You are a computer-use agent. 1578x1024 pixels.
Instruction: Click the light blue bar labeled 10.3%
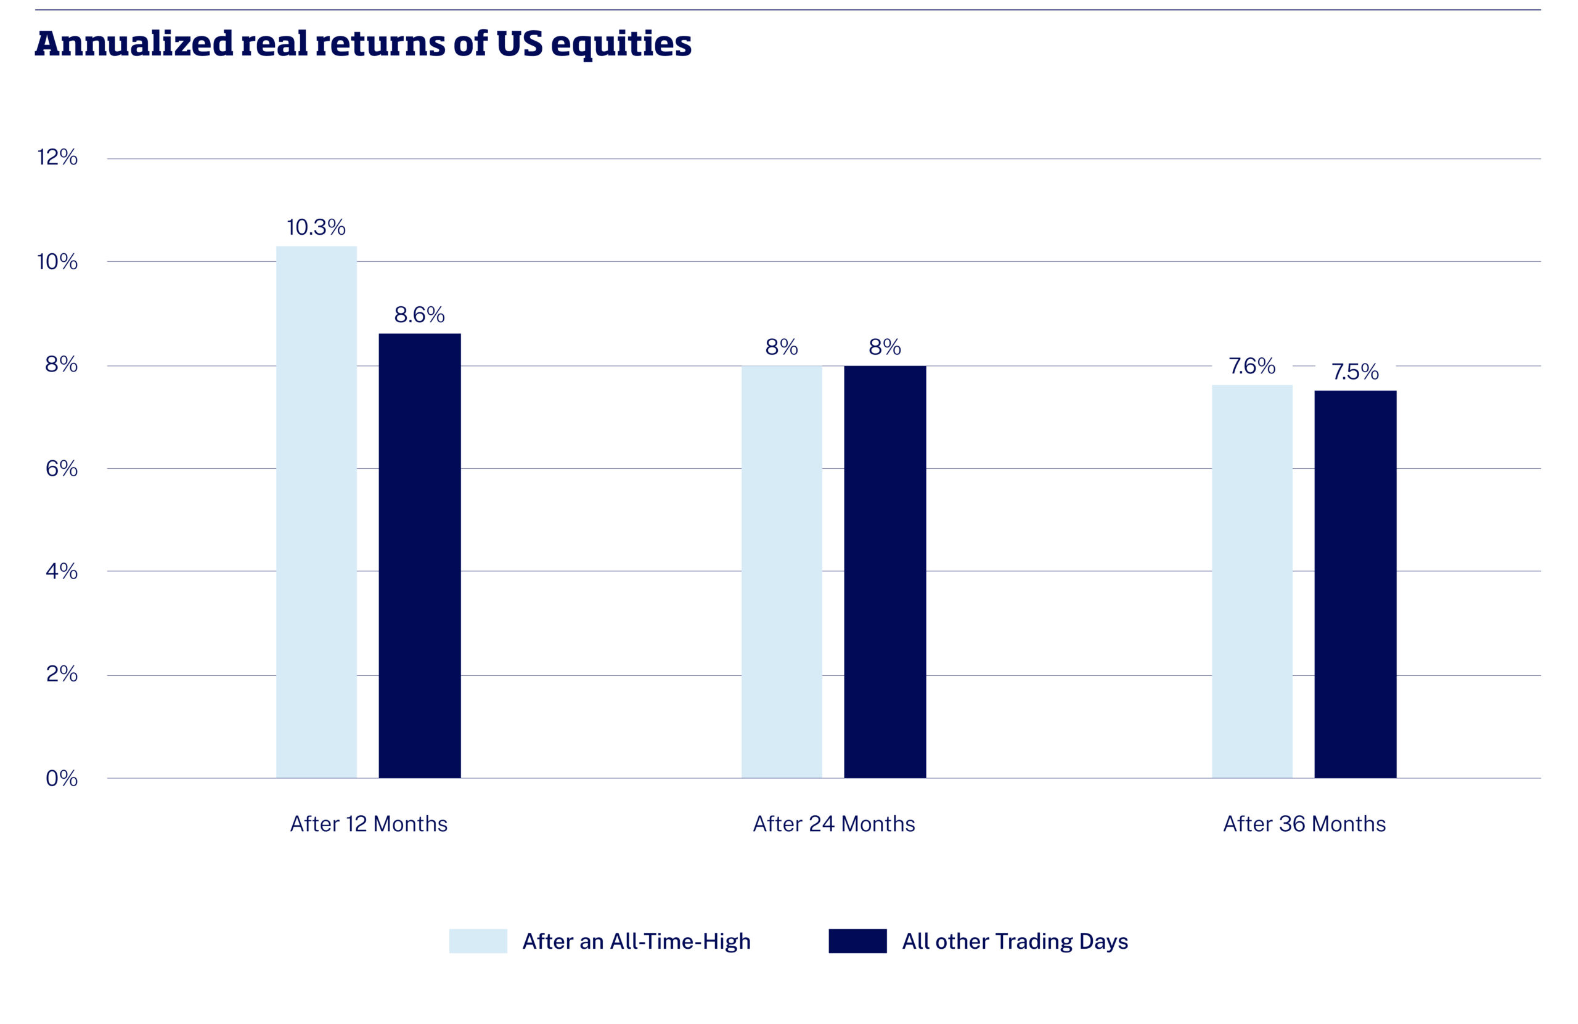[x=316, y=511]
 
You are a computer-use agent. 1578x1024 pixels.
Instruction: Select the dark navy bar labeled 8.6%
[x=420, y=555]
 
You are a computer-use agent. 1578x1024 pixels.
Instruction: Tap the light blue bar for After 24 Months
[x=782, y=571]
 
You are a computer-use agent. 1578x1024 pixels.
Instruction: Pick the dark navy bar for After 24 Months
[x=885, y=571]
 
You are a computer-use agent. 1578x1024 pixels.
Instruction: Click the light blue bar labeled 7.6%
[x=1252, y=581]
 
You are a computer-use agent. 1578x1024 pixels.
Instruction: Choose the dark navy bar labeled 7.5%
[x=1355, y=584]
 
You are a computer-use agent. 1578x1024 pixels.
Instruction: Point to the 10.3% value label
[x=316, y=227]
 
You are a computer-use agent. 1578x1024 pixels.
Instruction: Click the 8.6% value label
[x=419, y=314]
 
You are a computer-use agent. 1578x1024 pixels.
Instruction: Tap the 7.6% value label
[x=1252, y=366]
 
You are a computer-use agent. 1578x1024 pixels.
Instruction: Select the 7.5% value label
[x=1355, y=372]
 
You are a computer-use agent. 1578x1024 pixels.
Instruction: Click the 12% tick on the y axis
[x=58, y=158]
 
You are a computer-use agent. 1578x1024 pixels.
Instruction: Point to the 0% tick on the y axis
[x=62, y=778]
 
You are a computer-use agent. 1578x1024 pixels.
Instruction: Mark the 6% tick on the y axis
[x=62, y=469]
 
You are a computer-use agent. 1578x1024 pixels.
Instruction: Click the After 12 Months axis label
[x=369, y=824]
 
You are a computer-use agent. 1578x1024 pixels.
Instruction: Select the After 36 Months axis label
[x=1304, y=824]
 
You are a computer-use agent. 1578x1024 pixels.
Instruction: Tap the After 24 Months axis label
[x=833, y=824]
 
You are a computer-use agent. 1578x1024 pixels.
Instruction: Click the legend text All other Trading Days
[x=1015, y=941]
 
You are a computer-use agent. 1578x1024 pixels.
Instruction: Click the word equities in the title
[x=621, y=44]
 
